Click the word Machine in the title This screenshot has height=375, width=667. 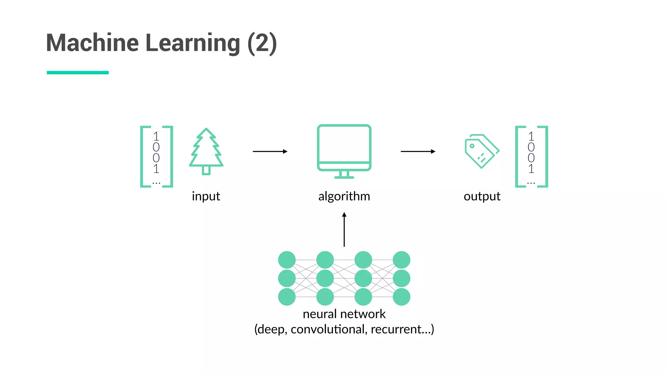tap(92, 43)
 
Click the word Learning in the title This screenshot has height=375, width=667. tap(193, 43)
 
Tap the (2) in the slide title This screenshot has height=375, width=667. tap(262, 43)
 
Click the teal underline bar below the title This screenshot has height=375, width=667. tap(78, 73)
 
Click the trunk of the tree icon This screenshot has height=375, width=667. tap(206, 170)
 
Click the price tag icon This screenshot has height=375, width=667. tap(481, 151)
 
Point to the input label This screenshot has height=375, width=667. tap(206, 196)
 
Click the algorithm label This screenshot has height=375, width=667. tap(344, 196)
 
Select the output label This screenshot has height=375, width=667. tap(482, 196)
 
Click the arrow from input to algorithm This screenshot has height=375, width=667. tap(270, 151)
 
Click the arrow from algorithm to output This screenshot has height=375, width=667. tap(418, 151)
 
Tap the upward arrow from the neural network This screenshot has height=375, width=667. tap(344, 229)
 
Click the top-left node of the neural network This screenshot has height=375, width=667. tap(287, 260)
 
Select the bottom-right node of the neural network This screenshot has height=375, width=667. tap(401, 297)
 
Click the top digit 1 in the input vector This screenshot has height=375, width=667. tap(156, 136)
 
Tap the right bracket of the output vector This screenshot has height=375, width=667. tap(545, 156)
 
